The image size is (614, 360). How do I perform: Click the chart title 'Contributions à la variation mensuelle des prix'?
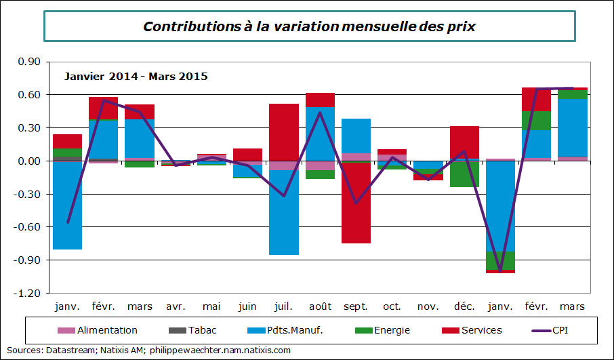[x=309, y=26]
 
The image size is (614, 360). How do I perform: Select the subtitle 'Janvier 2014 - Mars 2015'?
[x=136, y=77]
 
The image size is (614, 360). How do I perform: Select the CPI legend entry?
[x=559, y=330]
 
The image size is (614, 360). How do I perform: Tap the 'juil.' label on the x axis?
[x=284, y=307]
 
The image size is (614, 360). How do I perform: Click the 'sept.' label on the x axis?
[x=356, y=307]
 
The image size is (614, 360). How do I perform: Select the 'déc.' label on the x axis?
[x=464, y=307]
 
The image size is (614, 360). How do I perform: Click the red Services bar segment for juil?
[x=284, y=132]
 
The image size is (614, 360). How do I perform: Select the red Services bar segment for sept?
[x=356, y=203]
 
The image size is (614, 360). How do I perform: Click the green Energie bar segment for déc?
[x=464, y=174]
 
